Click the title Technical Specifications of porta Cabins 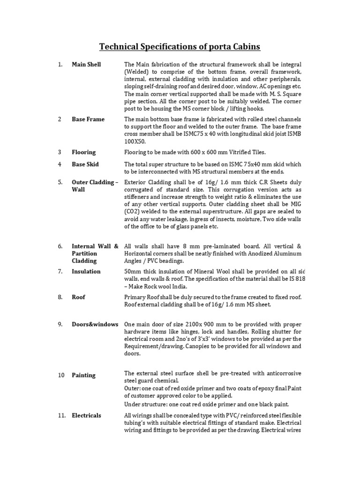coord(180,47)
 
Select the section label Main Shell coord(86,64)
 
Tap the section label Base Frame coord(88,119)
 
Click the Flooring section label coord(83,152)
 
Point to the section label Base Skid coord(85,164)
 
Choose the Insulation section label coord(86,271)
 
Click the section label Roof coord(78,297)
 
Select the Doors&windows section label coord(95,324)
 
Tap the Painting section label coord(83,375)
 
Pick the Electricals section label coord(86,415)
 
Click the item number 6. coord(60,246)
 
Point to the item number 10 coord(61,375)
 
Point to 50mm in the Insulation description coord(133,271)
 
